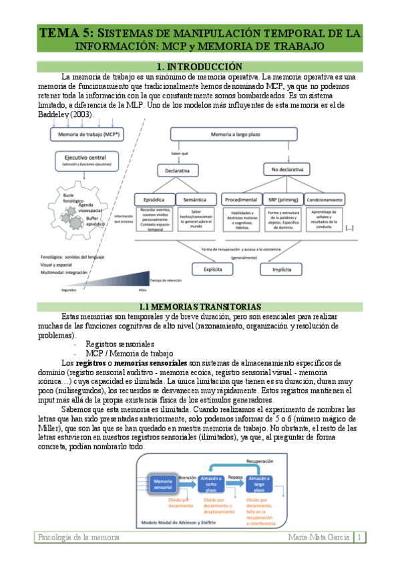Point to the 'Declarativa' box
coord(177,171)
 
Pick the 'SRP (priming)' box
coord(282,199)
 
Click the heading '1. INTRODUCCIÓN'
coord(198,67)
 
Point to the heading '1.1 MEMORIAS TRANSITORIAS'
coord(198,306)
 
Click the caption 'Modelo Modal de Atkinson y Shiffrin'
coord(184,522)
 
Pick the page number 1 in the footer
coord(359,538)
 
